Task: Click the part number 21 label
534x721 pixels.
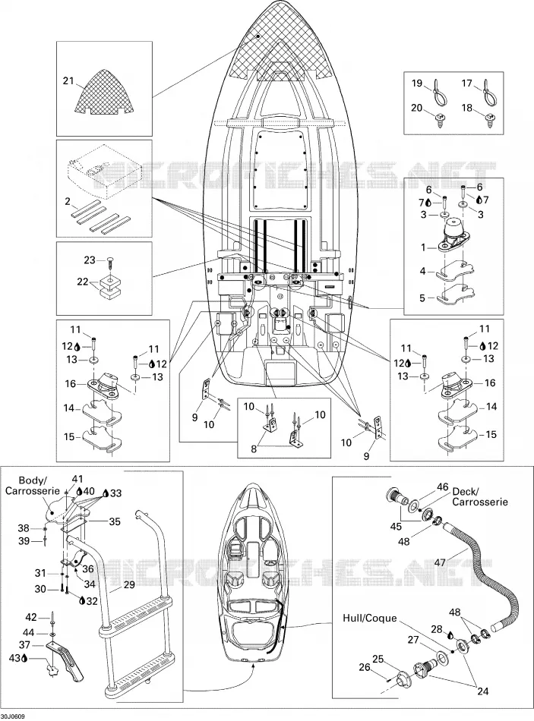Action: tap(68, 81)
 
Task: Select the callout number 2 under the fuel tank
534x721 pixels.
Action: tap(68, 201)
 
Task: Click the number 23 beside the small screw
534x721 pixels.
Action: tap(90, 260)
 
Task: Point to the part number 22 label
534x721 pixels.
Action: tap(82, 282)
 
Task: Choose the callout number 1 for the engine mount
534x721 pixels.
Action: tap(424, 247)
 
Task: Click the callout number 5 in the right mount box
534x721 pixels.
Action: tap(422, 298)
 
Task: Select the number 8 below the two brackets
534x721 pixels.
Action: tap(254, 449)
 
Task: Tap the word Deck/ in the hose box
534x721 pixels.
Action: tap(466, 490)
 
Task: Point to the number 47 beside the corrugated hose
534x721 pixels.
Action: tap(440, 562)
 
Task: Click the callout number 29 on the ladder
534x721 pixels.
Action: tap(128, 584)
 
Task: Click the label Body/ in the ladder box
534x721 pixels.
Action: tap(32, 480)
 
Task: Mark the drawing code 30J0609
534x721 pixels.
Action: tap(13, 716)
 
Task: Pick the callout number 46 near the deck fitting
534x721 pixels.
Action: tap(442, 487)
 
